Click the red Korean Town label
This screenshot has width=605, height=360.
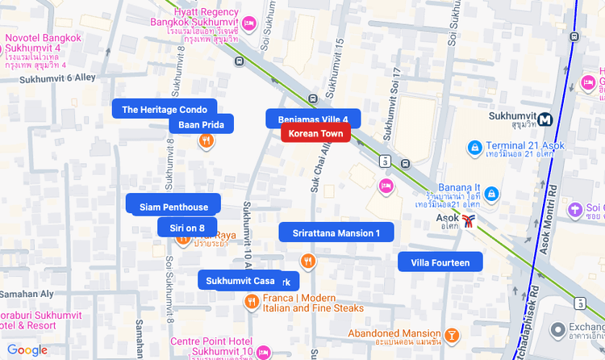(315, 134)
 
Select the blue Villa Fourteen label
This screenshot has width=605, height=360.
(440, 262)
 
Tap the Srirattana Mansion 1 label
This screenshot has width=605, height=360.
(336, 233)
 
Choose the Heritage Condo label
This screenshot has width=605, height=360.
(165, 109)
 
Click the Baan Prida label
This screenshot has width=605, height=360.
(201, 124)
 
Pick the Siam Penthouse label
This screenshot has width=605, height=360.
(173, 207)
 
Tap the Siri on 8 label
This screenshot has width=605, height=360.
(187, 228)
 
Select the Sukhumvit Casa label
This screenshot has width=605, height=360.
(240, 280)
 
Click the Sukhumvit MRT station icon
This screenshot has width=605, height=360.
(546, 119)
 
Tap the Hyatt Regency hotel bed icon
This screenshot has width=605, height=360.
(249, 23)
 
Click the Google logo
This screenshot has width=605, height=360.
(27, 350)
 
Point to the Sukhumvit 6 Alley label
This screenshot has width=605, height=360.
(47, 77)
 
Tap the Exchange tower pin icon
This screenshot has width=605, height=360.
(557, 329)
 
